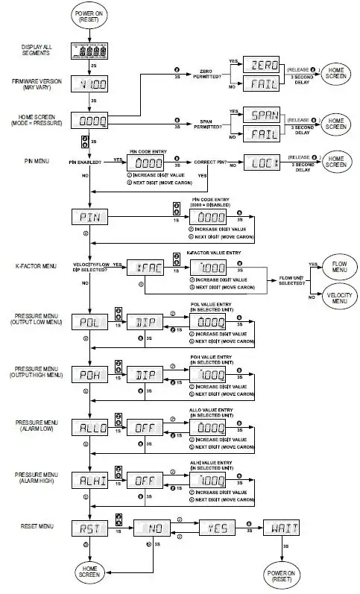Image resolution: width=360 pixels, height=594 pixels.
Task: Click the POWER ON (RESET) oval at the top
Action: pyautogui.click(x=91, y=15)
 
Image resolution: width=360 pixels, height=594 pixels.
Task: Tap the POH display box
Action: pyautogui.click(x=91, y=375)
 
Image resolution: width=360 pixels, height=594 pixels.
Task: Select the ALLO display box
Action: pyautogui.click(x=91, y=428)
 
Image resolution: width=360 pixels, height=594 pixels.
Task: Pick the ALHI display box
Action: pyautogui.click(x=91, y=481)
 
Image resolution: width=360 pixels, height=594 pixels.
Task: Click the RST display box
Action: pyautogui.click(x=91, y=529)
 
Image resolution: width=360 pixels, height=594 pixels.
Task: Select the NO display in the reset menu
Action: pyautogui.click(x=155, y=529)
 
